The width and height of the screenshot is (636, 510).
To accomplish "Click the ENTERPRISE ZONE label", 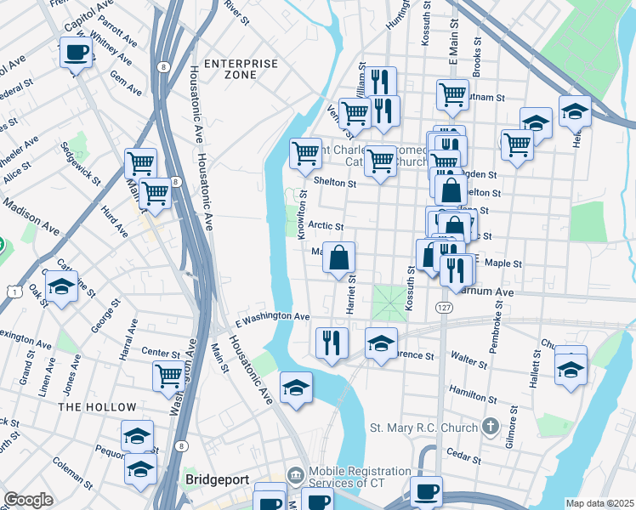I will click(241, 69).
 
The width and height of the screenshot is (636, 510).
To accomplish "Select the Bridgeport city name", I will click(217, 479).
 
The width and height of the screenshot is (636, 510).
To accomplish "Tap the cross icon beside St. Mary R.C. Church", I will click(488, 426).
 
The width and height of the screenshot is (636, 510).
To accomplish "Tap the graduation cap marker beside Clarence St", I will click(382, 343).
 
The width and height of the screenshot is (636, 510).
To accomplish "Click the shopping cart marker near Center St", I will click(168, 375).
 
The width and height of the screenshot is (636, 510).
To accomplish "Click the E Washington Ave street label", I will click(277, 316).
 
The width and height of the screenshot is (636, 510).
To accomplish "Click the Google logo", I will click(27, 500).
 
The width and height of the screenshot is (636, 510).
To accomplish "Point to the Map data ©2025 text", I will click(599, 503).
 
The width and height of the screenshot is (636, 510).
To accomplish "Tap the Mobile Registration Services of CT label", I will click(366, 479).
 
